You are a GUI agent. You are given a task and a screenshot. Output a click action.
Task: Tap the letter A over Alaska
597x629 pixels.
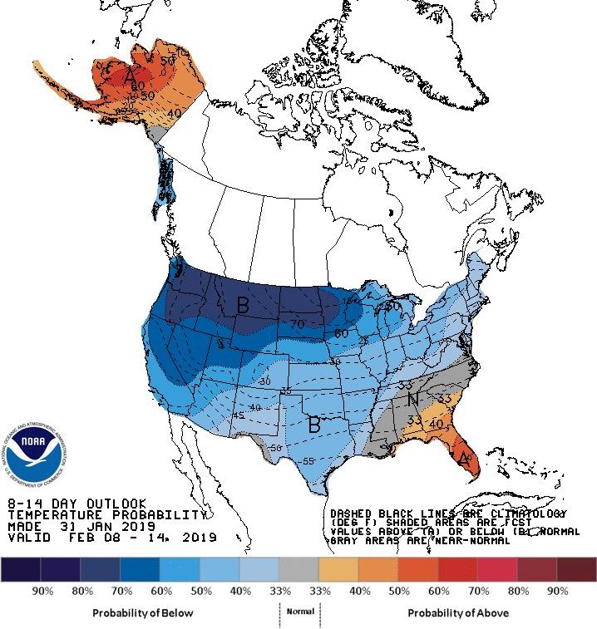pos(131,76)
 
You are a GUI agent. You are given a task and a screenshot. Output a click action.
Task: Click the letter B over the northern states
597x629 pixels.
pos(243,306)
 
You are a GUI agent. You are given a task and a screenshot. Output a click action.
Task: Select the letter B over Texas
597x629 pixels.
pos(314,424)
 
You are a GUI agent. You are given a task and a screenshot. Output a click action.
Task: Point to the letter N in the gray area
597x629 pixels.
pos(413,399)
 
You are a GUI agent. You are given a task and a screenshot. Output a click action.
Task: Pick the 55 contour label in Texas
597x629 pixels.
pos(308,460)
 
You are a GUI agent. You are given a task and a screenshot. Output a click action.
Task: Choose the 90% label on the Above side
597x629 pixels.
pos(557,591)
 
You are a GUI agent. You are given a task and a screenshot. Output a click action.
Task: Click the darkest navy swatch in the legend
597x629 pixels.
pos(21,569)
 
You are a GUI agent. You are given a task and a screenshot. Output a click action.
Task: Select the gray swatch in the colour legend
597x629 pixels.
pos(299,569)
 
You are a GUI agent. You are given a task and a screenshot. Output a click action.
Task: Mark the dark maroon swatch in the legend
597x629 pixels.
pos(577,569)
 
